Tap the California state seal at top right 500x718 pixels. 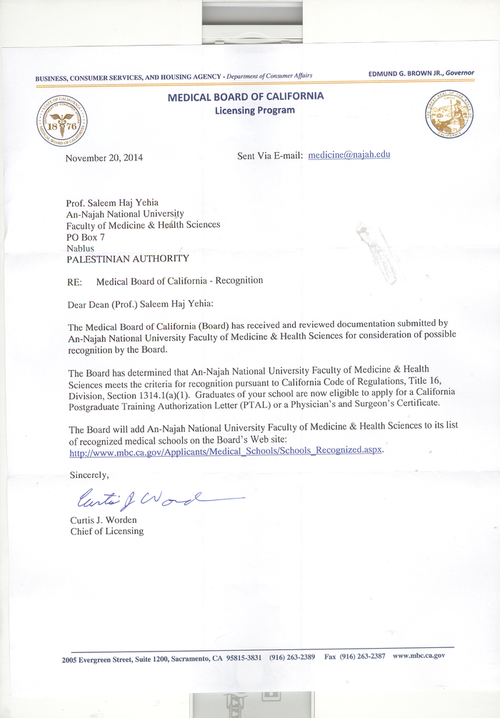pos(449,115)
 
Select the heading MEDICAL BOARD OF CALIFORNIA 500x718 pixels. pos(246,96)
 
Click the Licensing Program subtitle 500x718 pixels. pos(254,110)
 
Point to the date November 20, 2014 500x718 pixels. pos(104,158)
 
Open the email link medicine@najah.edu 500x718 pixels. pos(349,155)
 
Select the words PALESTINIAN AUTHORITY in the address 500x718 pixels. pos(128,259)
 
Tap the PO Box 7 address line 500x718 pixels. pos(86,236)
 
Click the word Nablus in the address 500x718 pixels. pos(80,248)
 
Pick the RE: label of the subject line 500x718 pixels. pos(74,282)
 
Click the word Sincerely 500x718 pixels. pos(89,475)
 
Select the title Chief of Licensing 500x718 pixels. pos(106,531)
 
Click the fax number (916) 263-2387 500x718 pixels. pos(365,656)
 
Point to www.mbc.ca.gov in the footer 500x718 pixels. pos(419,655)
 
